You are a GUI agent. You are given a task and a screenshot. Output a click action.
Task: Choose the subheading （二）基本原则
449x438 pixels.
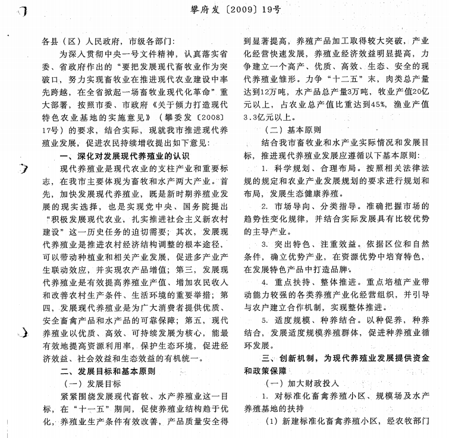(285, 130)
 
